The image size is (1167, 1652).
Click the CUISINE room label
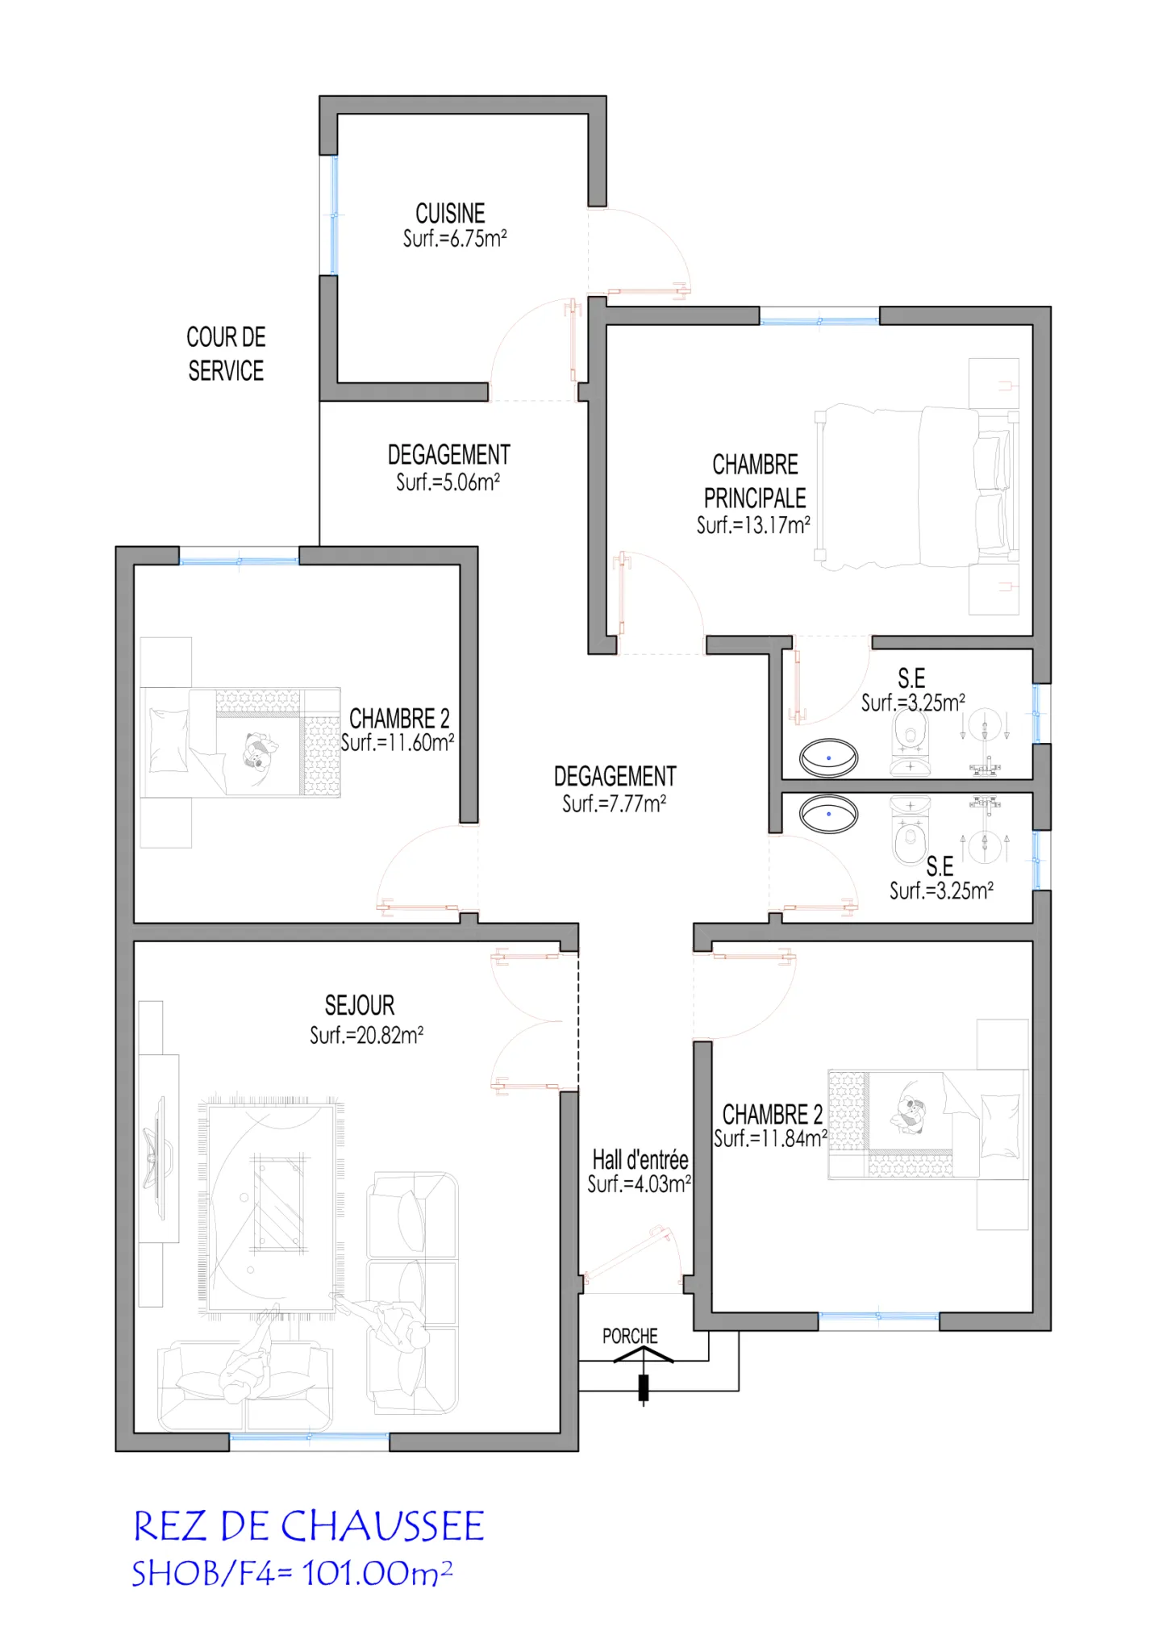450,213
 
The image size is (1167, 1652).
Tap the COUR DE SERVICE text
226,353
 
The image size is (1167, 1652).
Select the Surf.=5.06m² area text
448,482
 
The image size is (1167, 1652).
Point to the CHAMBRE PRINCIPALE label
755,481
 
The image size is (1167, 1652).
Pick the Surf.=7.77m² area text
614,803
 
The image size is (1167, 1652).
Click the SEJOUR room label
360,1005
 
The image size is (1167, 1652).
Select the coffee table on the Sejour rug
279,1204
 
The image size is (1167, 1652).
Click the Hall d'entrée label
640,1160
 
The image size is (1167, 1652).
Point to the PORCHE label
630,1337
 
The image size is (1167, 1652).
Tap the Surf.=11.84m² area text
770,1138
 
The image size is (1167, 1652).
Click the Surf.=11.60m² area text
398,742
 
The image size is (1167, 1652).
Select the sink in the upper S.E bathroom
828,758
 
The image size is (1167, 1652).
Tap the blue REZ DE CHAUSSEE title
308,1526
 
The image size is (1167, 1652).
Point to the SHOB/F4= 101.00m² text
292,1573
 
